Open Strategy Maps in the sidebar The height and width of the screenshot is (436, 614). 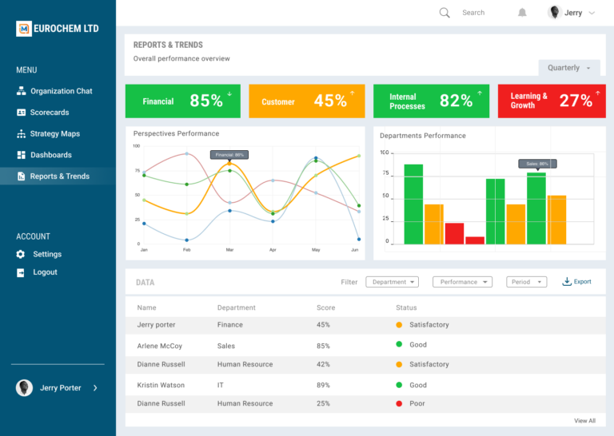(x=54, y=133)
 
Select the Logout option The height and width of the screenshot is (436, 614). (x=45, y=272)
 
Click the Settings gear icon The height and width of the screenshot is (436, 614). (x=21, y=254)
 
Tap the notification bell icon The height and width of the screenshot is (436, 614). (x=522, y=13)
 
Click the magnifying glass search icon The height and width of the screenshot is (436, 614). (x=445, y=13)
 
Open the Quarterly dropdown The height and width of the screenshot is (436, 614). (x=568, y=68)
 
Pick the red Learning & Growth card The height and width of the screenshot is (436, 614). (x=551, y=101)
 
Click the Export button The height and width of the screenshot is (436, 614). (x=577, y=282)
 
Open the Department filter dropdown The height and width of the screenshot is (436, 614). (x=392, y=282)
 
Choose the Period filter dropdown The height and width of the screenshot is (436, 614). (x=526, y=282)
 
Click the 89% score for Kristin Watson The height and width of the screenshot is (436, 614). (x=323, y=385)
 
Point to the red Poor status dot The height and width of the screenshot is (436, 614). (x=399, y=403)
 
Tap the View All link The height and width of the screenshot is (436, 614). (x=584, y=421)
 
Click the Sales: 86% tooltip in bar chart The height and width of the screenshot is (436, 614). (x=537, y=164)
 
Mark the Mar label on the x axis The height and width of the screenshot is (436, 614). (x=229, y=250)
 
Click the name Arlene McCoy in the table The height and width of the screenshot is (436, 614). (x=159, y=346)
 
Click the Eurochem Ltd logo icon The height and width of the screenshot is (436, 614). (x=24, y=29)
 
